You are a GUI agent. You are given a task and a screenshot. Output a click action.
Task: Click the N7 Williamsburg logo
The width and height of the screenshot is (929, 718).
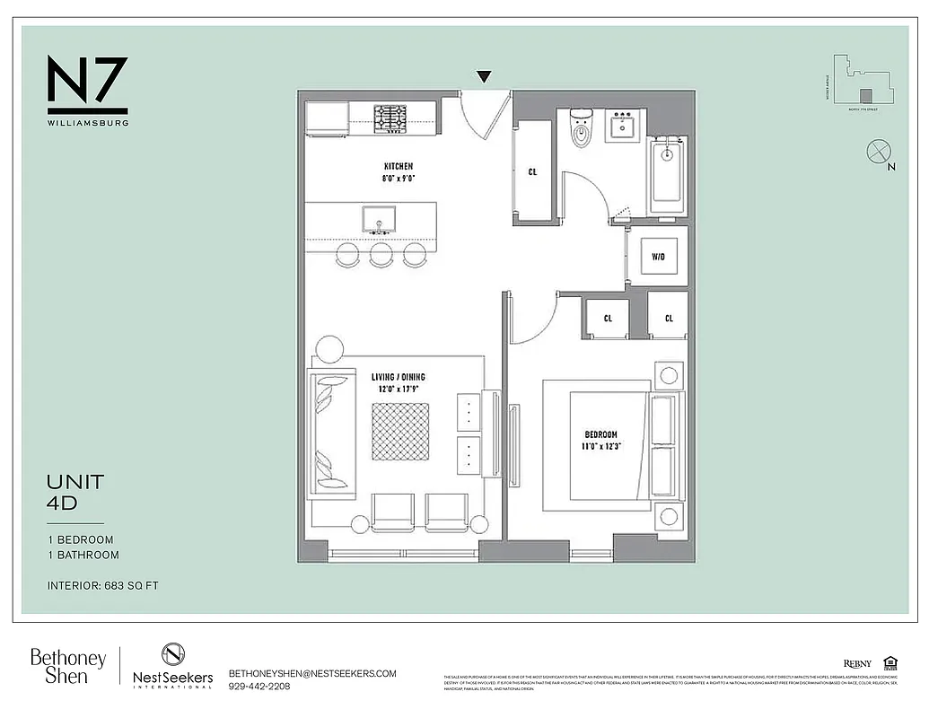tap(87, 90)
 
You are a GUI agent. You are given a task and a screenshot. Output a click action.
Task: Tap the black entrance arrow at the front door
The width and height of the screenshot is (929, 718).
tap(484, 77)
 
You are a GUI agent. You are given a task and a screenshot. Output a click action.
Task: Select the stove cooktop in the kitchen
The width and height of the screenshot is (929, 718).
tap(390, 118)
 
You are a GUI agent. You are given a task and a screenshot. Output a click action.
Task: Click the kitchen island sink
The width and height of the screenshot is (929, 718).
tap(379, 219)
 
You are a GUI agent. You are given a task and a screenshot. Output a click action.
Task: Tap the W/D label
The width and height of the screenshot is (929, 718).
tap(659, 257)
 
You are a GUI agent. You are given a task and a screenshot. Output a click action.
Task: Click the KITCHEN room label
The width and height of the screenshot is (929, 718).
tap(399, 167)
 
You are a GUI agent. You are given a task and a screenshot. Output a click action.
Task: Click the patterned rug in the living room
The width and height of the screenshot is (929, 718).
tap(400, 432)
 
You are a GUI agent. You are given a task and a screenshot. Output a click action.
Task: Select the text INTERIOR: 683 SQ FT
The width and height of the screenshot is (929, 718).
tap(103, 586)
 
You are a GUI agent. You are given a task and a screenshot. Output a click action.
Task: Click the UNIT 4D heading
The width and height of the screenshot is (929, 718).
tap(75, 492)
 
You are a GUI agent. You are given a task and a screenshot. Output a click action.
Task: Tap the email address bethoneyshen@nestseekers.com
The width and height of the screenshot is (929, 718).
tap(312, 673)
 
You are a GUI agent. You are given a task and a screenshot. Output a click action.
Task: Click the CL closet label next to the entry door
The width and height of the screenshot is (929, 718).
tap(532, 171)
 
